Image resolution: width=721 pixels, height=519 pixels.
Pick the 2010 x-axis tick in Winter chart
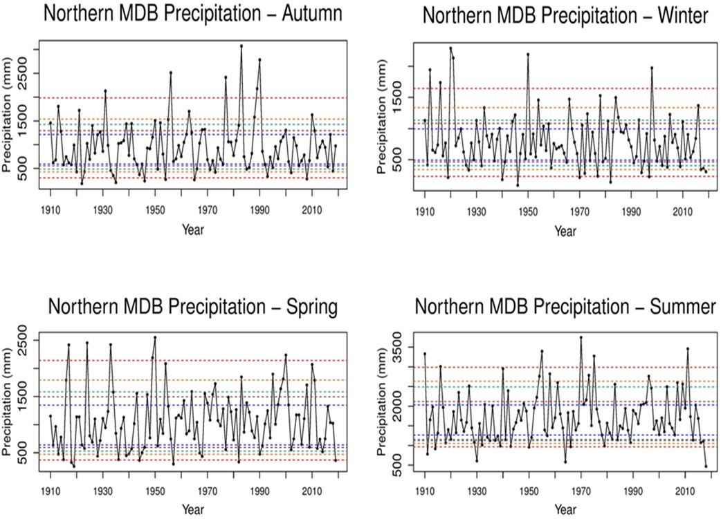(x=683, y=212)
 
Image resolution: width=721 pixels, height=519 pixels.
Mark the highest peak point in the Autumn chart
(x=241, y=46)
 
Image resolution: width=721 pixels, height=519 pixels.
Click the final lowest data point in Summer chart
(x=706, y=466)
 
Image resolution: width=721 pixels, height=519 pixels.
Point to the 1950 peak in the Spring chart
(x=155, y=337)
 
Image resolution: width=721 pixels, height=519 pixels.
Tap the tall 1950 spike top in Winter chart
(x=528, y=54)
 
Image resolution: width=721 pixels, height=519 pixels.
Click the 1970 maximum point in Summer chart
(x=581, y=337)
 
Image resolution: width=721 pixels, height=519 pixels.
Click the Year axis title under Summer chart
(x=564, y=509)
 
